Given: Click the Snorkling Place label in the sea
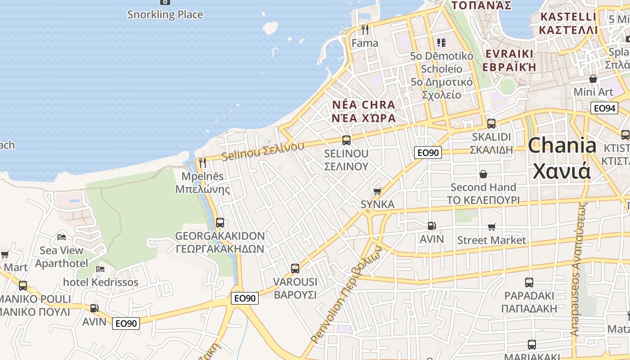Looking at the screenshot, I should [165, 14].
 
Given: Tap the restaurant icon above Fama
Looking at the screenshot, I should [365, 30].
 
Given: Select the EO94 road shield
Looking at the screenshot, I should [604, 108].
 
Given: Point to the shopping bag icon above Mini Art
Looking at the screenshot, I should [593, 79].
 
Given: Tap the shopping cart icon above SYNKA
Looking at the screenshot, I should [378, 191].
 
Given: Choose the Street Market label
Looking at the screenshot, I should [491, 240].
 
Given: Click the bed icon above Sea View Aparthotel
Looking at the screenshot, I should [62, 237].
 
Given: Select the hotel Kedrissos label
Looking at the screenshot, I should [100, 282].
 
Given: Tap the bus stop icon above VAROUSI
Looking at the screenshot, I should [295, 269].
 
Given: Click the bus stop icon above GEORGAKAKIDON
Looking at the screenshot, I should [220, 222].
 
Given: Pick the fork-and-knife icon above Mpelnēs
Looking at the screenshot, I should [202, 162].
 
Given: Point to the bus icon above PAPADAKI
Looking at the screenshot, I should [529, 283].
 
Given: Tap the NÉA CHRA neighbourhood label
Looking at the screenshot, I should [364, 105].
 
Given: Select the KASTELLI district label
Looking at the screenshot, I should [568, 17].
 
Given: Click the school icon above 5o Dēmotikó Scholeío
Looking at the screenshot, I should [441, 43].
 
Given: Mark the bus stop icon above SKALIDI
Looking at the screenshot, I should [491, 123].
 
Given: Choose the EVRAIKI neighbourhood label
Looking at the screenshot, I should [509, 54].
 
